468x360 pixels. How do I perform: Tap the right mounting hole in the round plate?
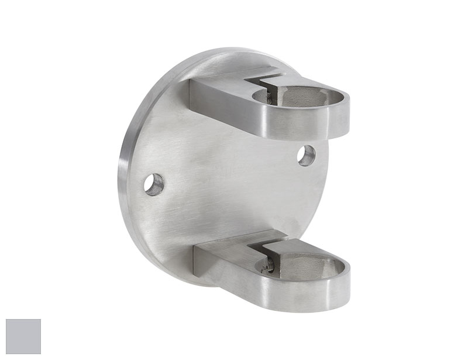coord(306,155)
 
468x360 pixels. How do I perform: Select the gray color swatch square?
coord(23,337)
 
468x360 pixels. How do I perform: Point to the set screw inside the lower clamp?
coord(268,268)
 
